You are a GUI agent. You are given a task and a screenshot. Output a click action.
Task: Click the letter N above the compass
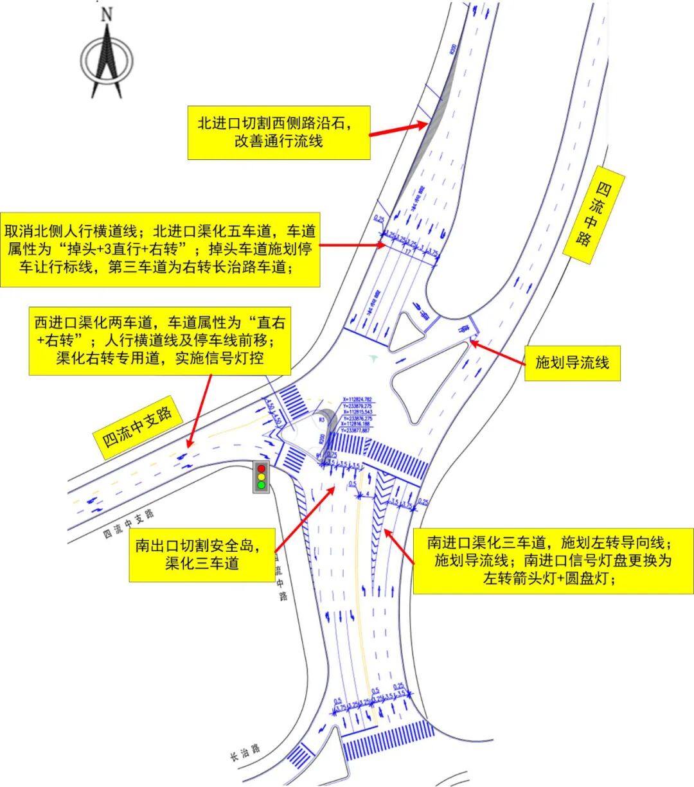107,14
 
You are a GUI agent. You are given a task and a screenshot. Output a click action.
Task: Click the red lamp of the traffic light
262,469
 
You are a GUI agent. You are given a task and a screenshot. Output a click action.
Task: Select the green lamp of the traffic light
262,485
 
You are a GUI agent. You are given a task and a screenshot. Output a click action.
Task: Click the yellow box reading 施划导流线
572,363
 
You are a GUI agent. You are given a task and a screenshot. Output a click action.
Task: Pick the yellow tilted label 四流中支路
138,427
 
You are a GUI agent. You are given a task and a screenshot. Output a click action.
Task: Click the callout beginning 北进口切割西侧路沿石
278,132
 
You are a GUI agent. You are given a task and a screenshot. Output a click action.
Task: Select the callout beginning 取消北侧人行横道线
159,249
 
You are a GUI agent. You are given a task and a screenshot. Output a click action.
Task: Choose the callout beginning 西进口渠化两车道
159,339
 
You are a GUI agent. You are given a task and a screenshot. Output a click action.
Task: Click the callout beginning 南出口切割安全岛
202,554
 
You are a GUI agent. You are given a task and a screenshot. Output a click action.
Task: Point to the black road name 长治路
245,752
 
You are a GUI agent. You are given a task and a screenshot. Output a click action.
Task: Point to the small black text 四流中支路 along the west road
129,524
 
